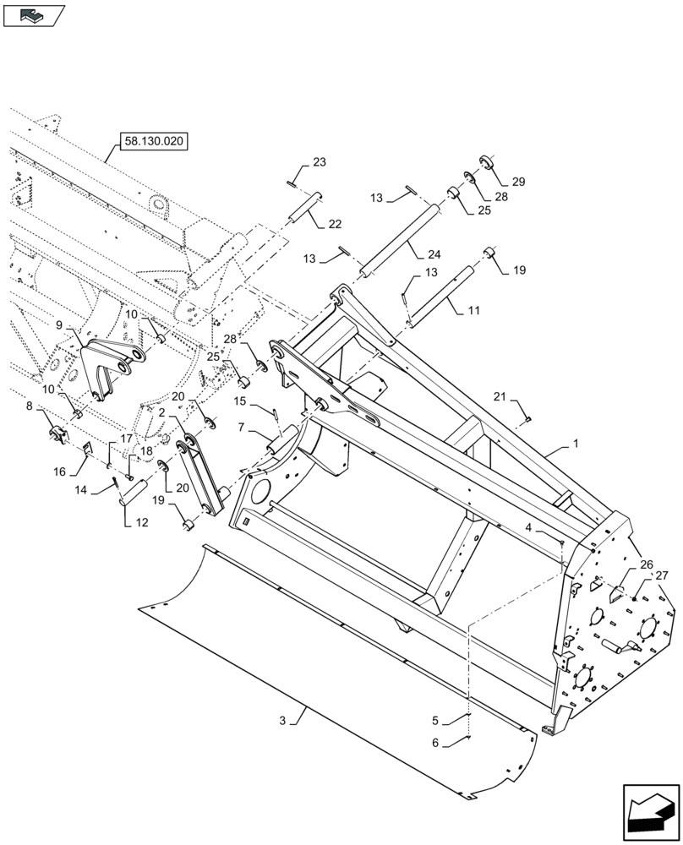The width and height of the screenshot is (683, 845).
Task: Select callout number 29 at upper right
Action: click(518, 183)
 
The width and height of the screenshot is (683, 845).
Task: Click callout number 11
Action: click(474, 310)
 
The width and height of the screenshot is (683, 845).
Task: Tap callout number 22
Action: click(336, 224)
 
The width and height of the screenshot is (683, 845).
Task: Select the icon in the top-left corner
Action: click(34, 14)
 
